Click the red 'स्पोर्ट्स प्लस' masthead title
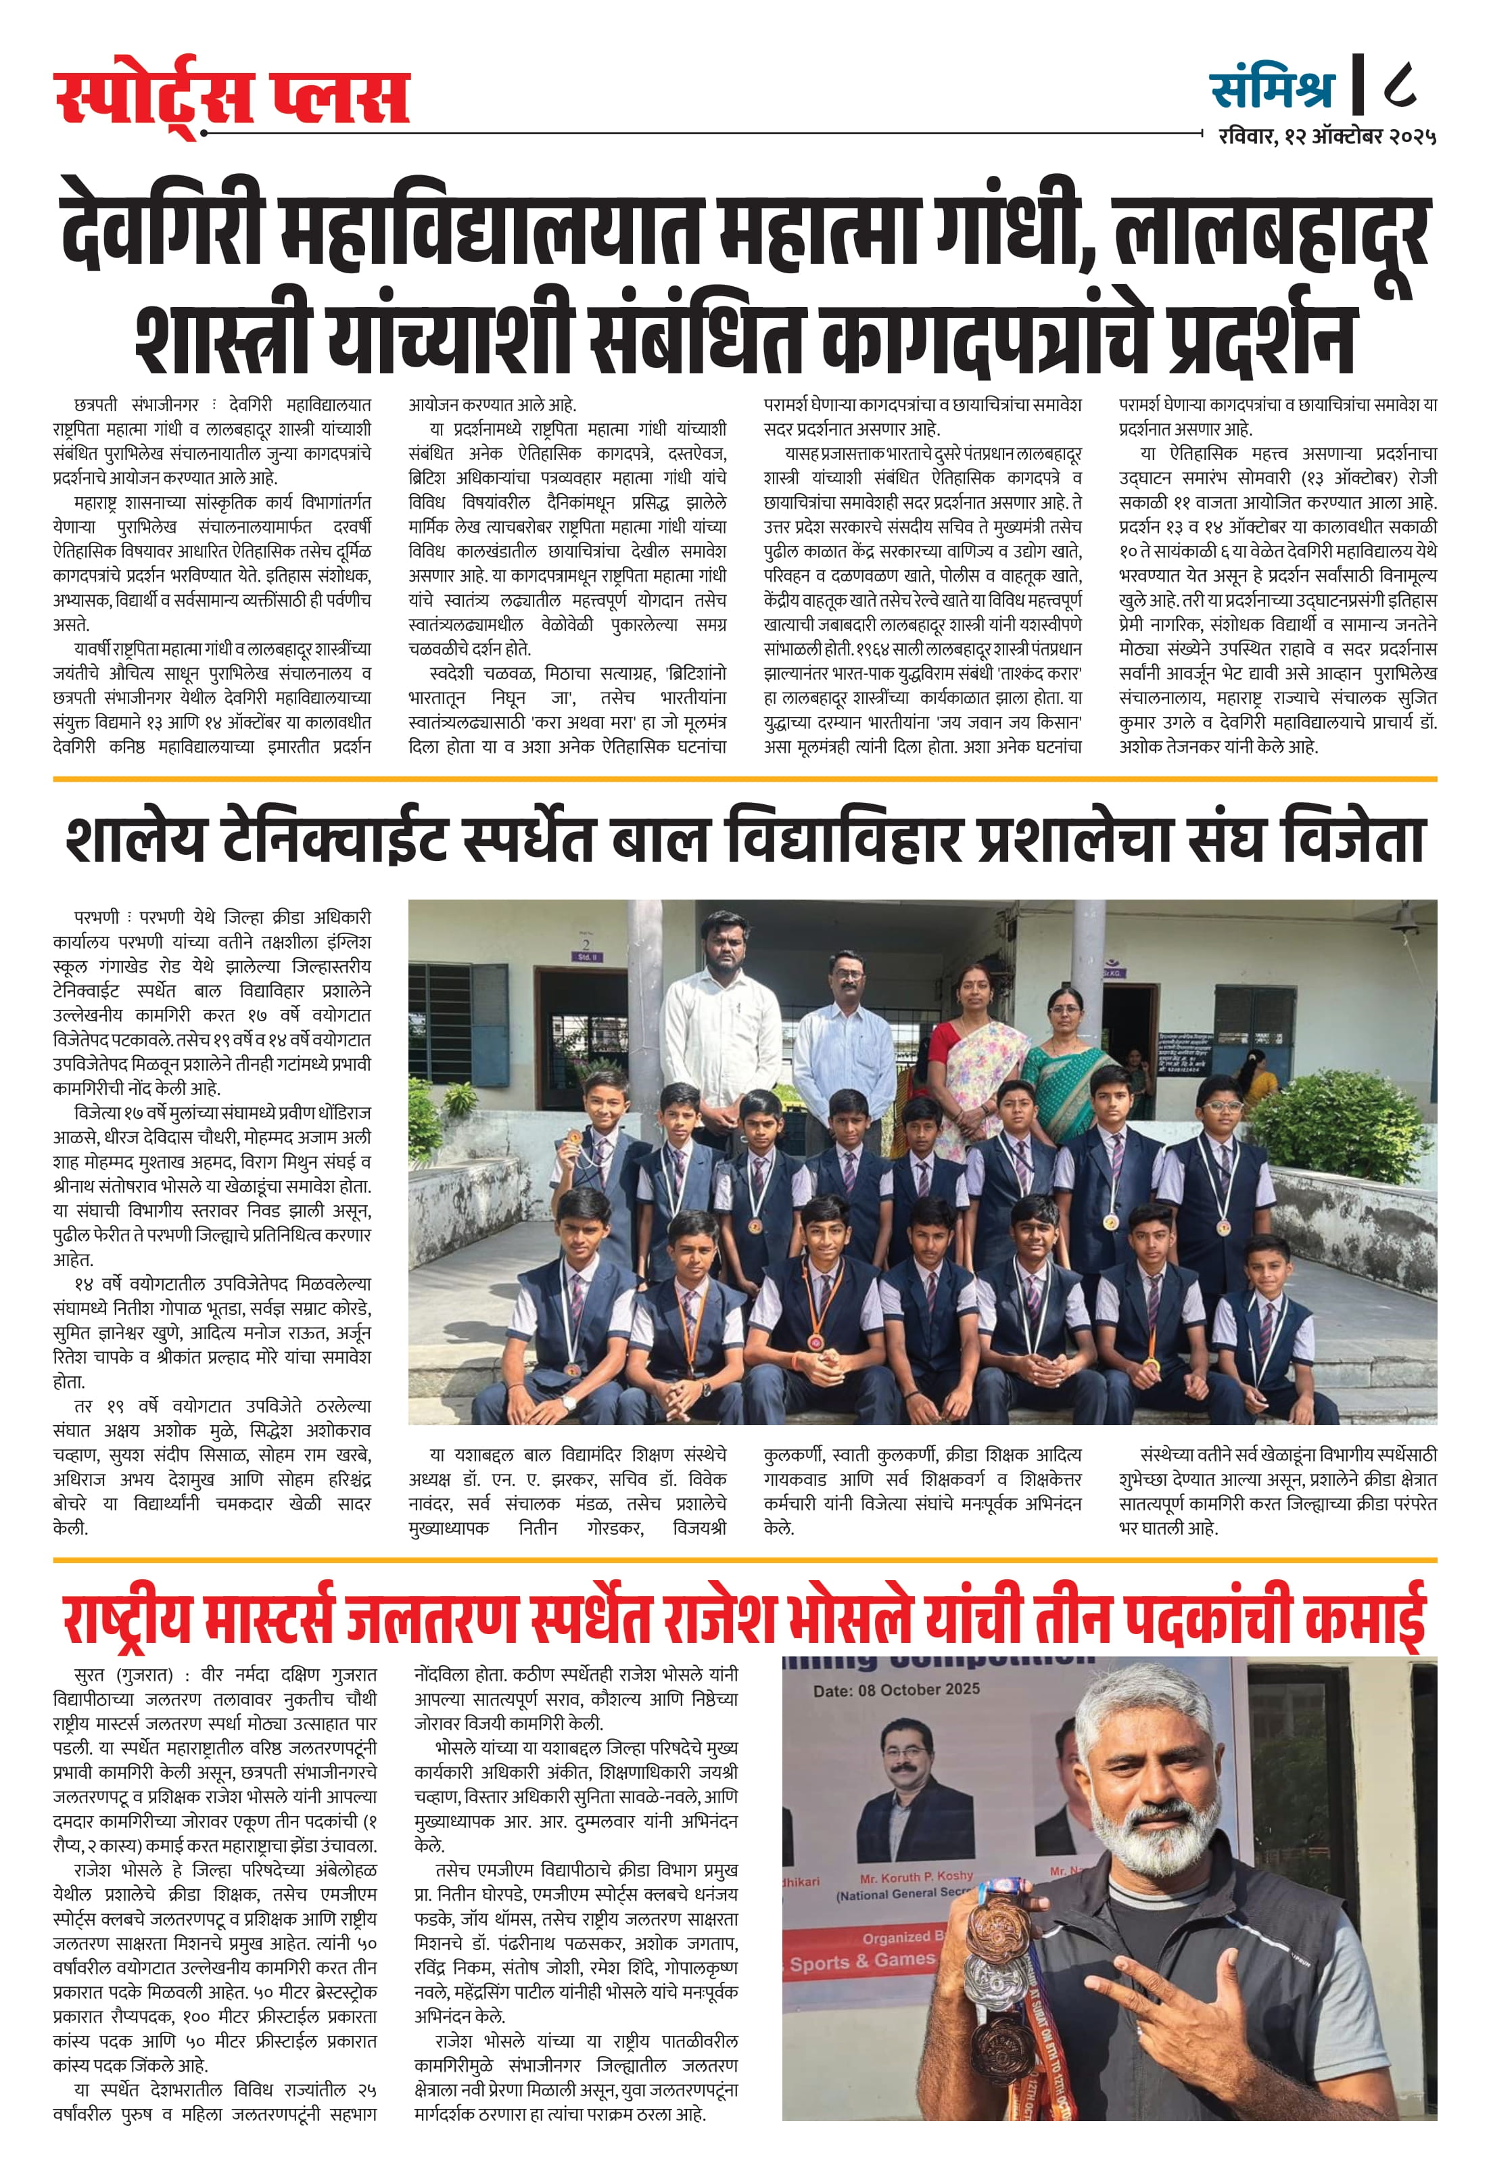[x=231, y=97]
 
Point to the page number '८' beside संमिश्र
[x=1400, y=85]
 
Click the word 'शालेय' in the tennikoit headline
[x=135, y=839]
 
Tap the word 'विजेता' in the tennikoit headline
[x=1353, y=839]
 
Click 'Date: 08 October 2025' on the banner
[x=897, y=1690]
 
